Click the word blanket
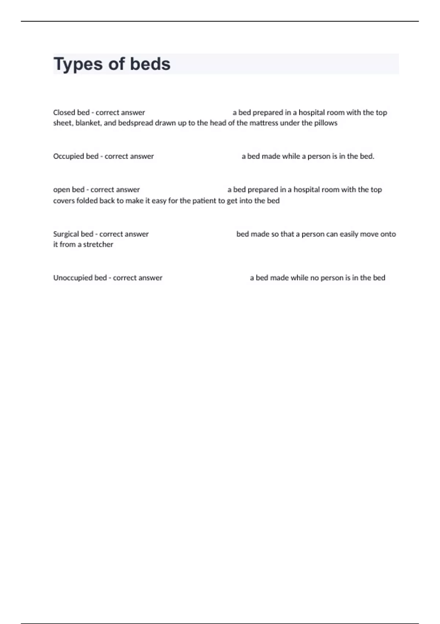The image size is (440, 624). coord(88,123)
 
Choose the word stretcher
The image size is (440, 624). coord(98,244)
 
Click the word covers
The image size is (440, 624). coord(64,201)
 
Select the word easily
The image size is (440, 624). coord(349,234)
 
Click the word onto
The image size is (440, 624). coord(388,234)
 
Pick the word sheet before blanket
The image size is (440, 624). coord(62,123)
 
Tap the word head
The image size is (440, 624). coord(218,123)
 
